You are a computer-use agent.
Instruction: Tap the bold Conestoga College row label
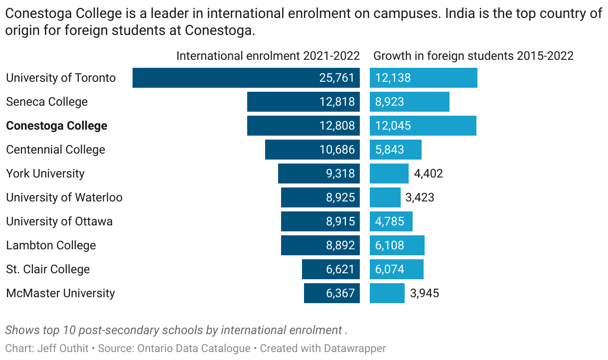coord(57,126)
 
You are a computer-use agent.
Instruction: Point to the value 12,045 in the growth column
coord(393,126)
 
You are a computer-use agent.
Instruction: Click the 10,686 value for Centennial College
coord(337,150)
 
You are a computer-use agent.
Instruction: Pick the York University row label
coord(45,174)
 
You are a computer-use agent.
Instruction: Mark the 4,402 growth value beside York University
coord(428,174)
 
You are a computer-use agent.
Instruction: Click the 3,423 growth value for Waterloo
coord(420,197)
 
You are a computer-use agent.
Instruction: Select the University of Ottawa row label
coord(59,221)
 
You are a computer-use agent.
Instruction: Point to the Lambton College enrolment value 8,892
coord(340,245)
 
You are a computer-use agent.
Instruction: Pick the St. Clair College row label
coord(48,269)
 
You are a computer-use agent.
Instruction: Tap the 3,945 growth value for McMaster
coord(425,293)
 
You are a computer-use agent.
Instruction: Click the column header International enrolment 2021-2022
coord(269,55)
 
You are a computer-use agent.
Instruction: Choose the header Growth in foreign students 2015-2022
coord(473,55)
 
